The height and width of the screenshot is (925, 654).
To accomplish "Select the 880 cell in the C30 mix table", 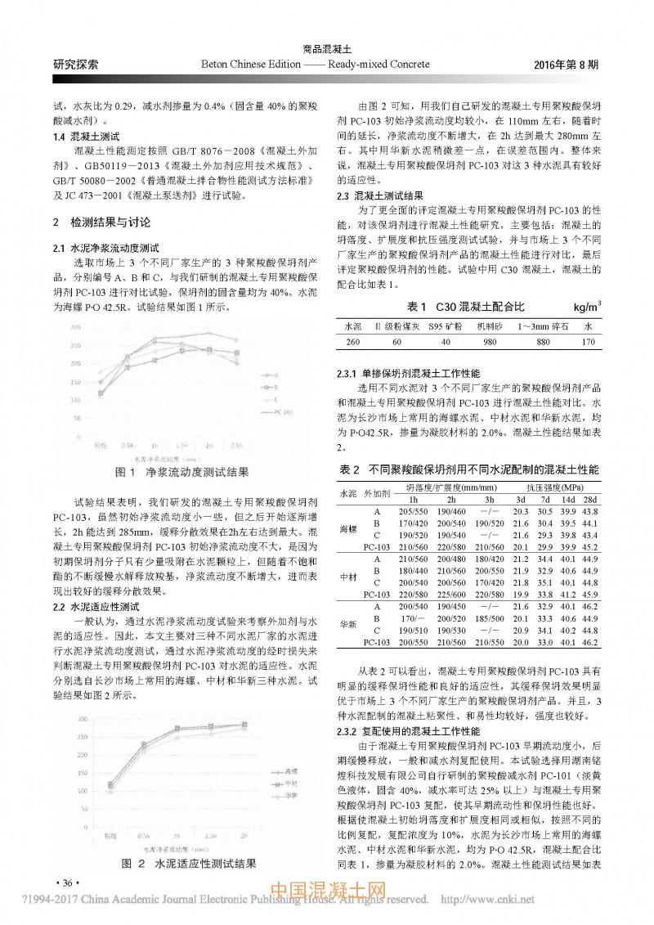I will click(x=543, y=342).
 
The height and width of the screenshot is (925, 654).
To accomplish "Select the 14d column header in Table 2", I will click(x=568, y=500).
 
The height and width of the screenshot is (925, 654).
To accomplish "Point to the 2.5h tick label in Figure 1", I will click(x=235, y=445).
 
